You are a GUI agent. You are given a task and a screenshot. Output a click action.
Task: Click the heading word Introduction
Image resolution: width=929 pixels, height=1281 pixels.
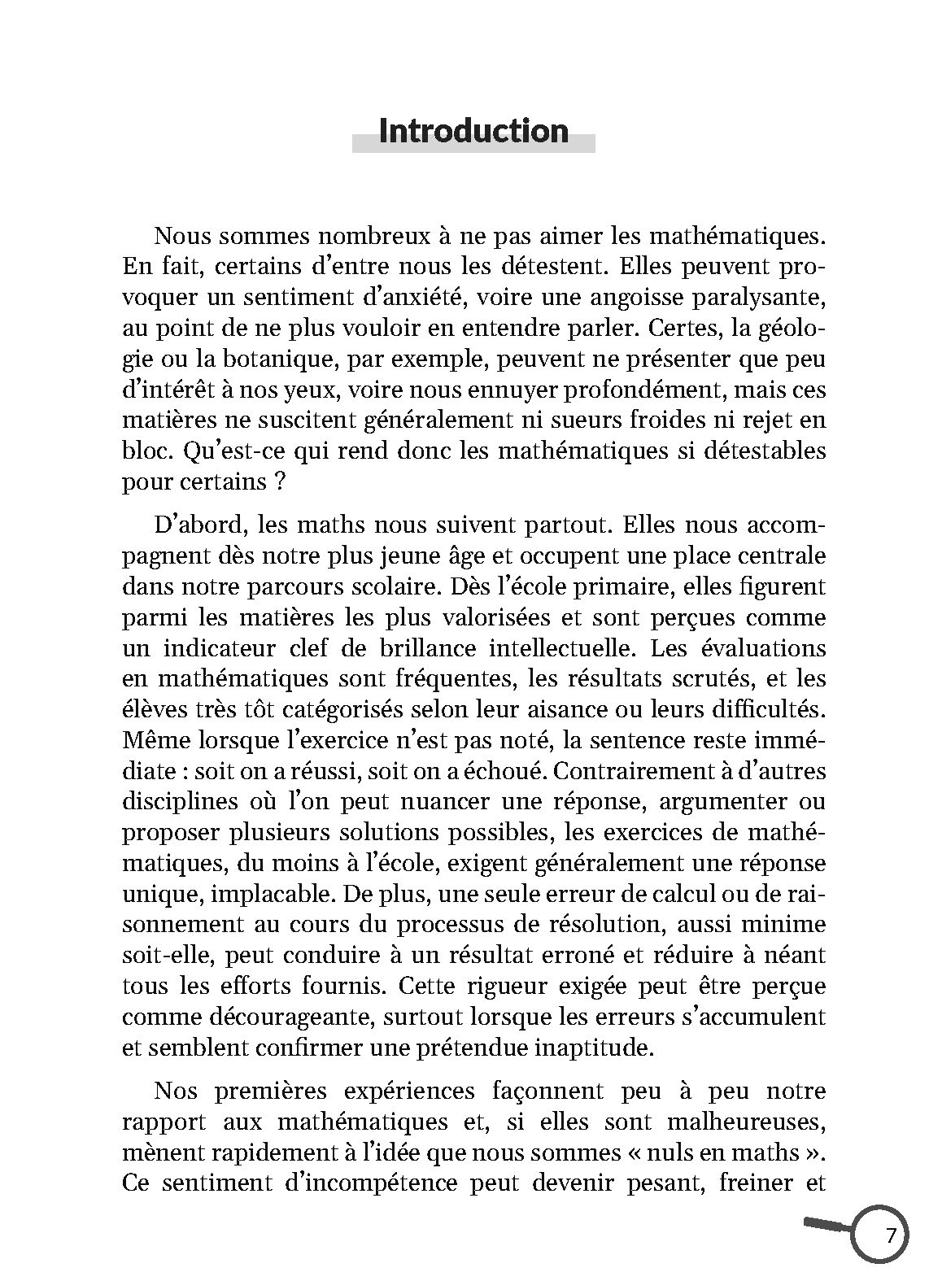473,131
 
